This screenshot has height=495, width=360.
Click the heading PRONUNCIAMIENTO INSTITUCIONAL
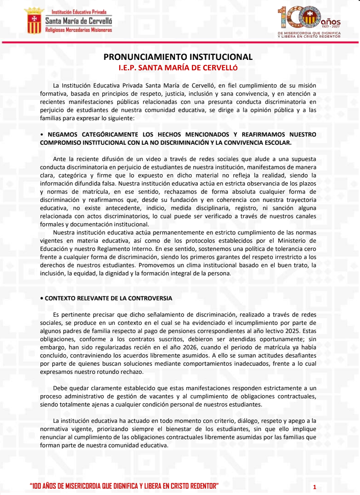(x=178, y=57)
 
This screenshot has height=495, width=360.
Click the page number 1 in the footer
(x=314, y=487)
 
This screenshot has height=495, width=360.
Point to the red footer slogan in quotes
(x=124, y=486)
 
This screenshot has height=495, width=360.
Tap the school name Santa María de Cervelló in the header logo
(x=78, y=21)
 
